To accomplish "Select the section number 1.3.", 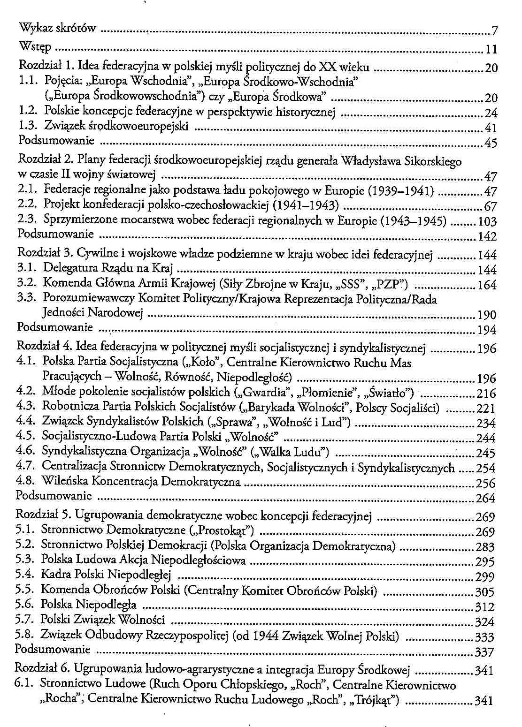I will [x=28, y=126].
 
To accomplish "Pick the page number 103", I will [x=487, y=221].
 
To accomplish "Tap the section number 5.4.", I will [x=25, y=575].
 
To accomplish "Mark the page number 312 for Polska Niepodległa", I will [x=485, y=607].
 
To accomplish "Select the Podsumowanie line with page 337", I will [x=53, y=650].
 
